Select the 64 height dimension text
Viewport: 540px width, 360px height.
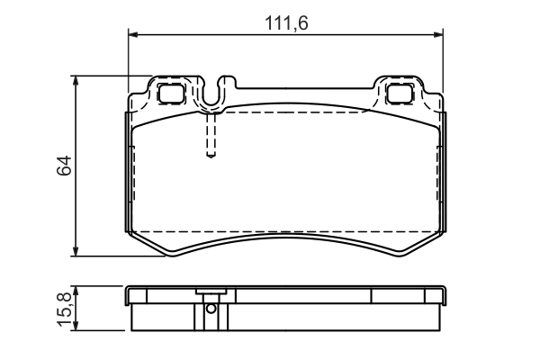[x=63, y=166]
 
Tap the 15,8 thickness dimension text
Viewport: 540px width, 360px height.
[x=63, y=310]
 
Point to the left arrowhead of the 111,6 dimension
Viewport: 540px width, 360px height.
[x=132, y=35]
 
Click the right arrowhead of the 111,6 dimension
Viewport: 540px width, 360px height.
[x=440, y=35]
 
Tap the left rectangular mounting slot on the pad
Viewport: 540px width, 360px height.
[x=169, y=92]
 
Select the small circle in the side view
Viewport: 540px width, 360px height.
[x=210, y=308]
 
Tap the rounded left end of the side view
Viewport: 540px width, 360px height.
[x=129, y=295]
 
